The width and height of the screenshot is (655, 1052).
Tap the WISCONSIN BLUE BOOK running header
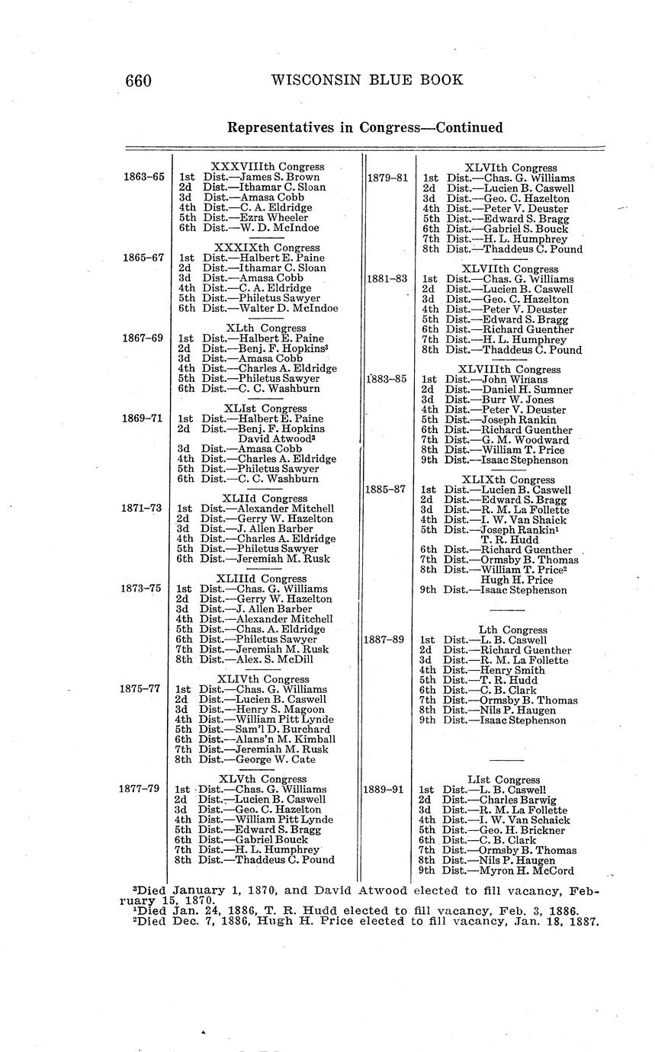(366, 80)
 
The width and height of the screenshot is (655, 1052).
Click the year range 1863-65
(144, 177)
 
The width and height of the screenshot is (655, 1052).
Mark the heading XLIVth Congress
(252, 679)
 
